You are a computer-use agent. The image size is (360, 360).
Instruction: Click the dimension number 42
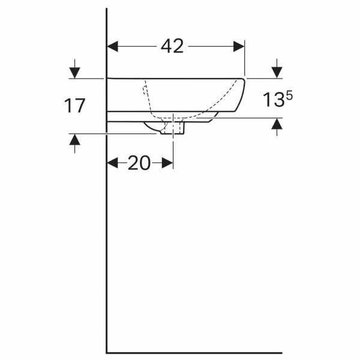tap(172, 46)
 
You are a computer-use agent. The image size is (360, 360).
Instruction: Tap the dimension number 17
tap(74, 106)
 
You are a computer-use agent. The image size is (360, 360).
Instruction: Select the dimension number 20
tap(139, 163)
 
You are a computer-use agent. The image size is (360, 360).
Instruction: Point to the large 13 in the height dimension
tap(273, 100)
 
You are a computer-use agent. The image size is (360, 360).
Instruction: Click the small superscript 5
tap(289, 95)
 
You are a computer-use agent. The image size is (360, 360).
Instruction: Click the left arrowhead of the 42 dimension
tap(113, 46)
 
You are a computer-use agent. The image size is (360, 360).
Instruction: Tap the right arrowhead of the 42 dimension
tap(239, 46)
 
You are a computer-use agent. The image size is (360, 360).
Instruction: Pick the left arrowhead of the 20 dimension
tap(113, 163)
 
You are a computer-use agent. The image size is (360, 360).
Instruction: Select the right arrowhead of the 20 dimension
tap(167, 163)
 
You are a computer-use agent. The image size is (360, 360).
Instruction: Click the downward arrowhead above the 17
tap(74, 73)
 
